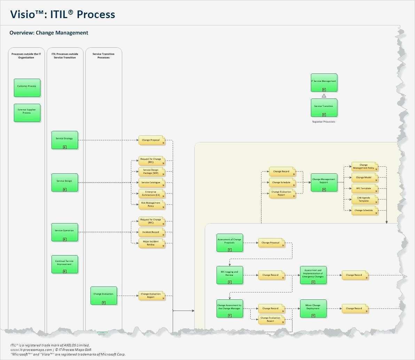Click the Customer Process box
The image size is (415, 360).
(27, 87)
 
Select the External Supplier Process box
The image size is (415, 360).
(27, 112)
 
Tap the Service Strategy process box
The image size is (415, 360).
(65, 140)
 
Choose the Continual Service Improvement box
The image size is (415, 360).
(65, 264)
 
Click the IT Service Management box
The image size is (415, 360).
(324, 83)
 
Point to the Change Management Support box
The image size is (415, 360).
(324, 182)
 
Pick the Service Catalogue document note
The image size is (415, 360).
(151, 183)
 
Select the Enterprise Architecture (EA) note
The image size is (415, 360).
(151, 194)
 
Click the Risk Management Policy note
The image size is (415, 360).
(151, 204)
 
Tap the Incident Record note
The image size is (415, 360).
(151, 232)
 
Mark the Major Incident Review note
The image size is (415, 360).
(151, 243)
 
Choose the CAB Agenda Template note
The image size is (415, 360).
(364, 199)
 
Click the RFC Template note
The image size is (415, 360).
(364, 189)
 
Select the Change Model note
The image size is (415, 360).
(364, 178)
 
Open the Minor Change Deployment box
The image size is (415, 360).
(313, 308)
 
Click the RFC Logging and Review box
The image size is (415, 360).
(230, 274)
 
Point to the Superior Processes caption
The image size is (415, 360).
(324, 122)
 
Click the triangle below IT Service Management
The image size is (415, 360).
(324, 95)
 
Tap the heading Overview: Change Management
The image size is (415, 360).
(49, 33)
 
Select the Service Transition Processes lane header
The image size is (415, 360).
(103, 56)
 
